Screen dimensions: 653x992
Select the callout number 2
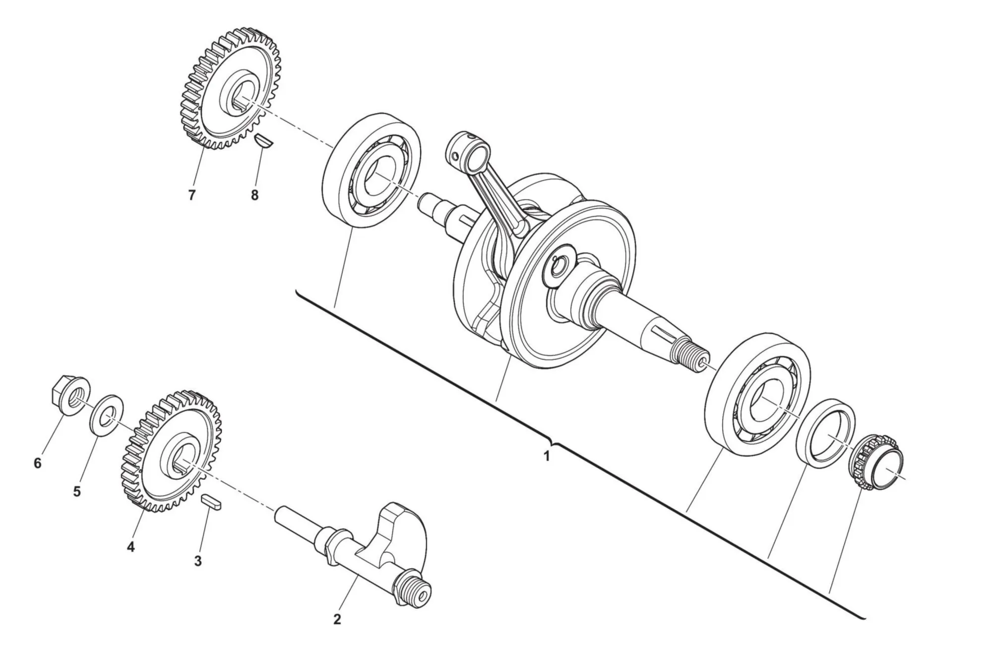pos(337,619)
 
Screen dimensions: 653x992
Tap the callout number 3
pos(197,561)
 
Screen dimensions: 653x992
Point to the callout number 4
pos(131,547)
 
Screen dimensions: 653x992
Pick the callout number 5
pos(77,492)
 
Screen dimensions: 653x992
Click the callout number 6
pos(38,463)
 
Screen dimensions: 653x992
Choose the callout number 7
pos(192,195)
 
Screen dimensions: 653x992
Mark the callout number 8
pos(254,195)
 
